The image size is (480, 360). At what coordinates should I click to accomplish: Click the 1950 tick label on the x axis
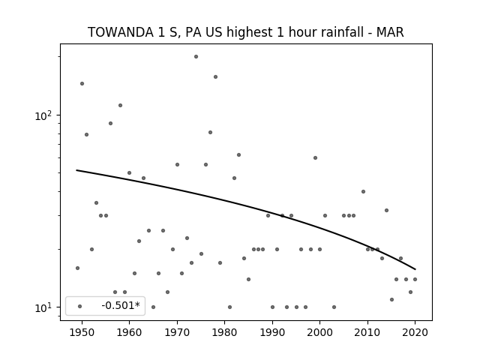coord(82,333)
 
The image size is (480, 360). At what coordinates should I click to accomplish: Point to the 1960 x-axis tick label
coord(129,333)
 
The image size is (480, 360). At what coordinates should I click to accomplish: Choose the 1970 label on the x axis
coord(177,333)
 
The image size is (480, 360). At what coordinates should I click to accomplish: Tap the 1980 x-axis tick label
coord(224,333)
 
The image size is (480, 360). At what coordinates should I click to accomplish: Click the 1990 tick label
coord(272,333)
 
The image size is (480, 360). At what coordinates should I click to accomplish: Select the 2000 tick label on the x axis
coord(320,333)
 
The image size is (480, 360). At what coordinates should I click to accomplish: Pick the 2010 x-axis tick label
coord(367,333)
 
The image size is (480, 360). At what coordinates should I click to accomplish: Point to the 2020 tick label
coord(415,333)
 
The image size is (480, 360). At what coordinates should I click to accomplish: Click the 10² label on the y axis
coord(43,116)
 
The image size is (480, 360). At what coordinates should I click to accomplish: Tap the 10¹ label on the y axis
coord(43,307)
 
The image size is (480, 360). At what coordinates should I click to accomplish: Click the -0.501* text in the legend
coord(121,305)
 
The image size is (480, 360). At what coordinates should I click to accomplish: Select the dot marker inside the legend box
coord(80,306)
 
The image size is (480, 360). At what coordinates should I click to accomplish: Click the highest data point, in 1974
coord(196,57)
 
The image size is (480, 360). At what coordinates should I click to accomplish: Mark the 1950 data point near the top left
coord(82,83)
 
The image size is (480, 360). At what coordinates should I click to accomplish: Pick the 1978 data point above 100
coord(215,76)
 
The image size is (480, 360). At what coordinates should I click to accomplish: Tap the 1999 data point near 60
coord(315,158)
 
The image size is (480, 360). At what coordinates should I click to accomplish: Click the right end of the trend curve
coord(415,269)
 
